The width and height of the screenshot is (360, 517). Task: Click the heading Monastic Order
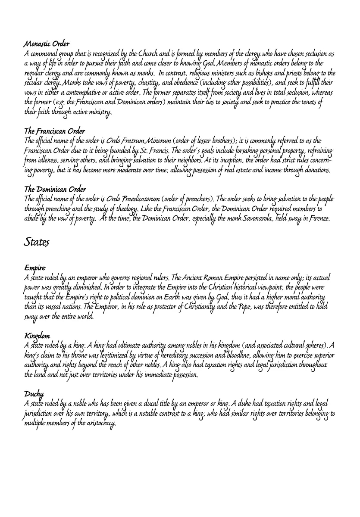pos(47,44)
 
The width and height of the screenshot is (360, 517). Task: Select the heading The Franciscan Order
pos(54,131)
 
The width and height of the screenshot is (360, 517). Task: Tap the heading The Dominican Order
pos(55,189)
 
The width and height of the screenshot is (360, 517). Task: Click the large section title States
pos(37,242)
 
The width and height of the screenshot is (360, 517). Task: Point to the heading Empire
pos(34,268)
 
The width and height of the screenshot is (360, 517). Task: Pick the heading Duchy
pos(33,394)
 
